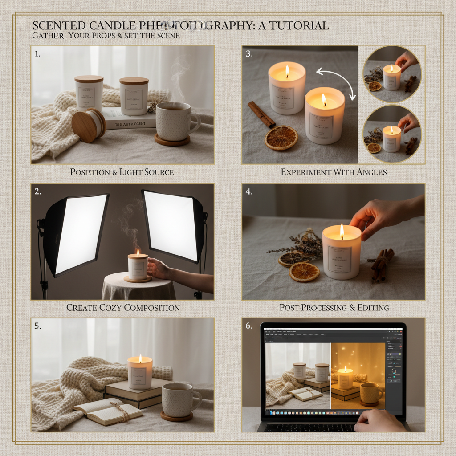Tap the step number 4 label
pyautogui.click(x=249, y=192)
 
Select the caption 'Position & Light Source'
pyautogui.click(x=122, y=171)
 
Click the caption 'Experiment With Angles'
pyautogui.click(x=334, y=171)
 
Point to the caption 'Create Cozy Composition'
pyautogui.click(x=123, y=307)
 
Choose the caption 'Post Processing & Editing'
pyautogui.click(x=334, y=307)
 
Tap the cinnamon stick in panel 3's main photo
pyautogui.click(x=261, y=114)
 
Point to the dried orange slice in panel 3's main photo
pyautogui.click(x=281, y=138)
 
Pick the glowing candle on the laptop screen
pyautogui.click(x=345, y=378)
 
